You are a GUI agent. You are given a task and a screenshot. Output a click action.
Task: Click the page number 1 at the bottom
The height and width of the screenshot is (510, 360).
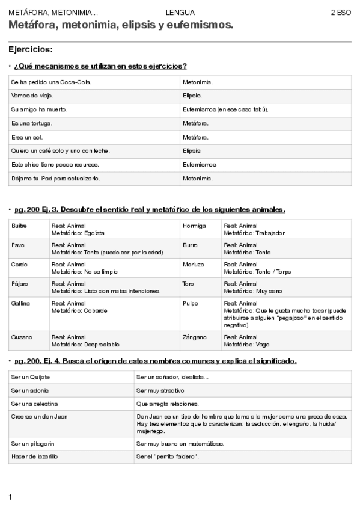(x=10, y=497)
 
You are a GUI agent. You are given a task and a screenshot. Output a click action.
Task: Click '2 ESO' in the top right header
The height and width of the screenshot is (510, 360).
(x=341, y=13)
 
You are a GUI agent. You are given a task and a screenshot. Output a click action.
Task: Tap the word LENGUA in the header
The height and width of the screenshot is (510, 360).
(x=180, y=13)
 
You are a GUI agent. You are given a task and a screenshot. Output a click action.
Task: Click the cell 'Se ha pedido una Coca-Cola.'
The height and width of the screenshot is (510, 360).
(x=51, y=82)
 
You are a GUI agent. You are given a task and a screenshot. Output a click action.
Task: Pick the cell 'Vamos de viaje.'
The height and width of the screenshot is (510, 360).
(x=32, y=96)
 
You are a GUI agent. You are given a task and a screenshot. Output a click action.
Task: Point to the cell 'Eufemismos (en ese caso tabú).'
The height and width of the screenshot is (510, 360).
(x=225, y=109)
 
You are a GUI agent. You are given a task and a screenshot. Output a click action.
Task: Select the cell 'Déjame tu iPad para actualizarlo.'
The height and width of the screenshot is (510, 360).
(x=56, y=179)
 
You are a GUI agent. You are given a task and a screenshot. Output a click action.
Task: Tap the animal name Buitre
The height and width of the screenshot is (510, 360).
(x=19, y=226)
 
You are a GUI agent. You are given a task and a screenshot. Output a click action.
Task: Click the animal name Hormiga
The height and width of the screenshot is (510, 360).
(x=194, y=226)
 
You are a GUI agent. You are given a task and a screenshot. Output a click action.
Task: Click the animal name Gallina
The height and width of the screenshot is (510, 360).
(x=20, y=303)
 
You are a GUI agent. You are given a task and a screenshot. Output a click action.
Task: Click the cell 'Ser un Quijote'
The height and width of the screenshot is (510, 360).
(x=31, y=377)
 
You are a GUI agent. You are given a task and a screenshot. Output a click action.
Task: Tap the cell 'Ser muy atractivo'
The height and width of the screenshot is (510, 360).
(x=160, y=390)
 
